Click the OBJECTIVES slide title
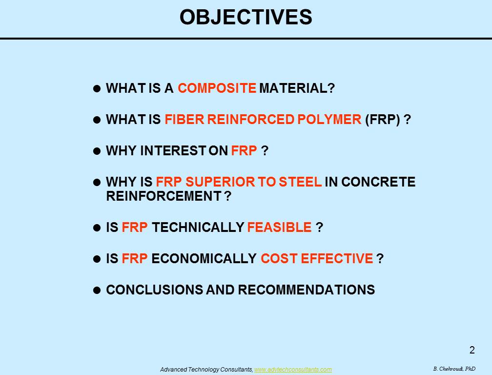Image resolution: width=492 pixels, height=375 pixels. [x=246, y=17]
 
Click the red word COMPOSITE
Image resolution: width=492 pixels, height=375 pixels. [x=217, y=88]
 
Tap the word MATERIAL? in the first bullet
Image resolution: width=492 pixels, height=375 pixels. [x=297, y=88]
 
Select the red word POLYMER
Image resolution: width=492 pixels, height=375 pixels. [x=329, y=119]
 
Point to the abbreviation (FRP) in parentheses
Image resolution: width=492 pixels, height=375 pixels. [x=383, y=120]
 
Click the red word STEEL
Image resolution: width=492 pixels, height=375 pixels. [x=300, y=182]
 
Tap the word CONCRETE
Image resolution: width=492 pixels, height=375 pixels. [x=378, y=182]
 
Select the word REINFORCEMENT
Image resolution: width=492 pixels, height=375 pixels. [x=164, y=196]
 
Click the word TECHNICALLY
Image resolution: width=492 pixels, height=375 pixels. [x=198, y=227]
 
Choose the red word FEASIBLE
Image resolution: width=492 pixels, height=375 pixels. [x=279, y=227]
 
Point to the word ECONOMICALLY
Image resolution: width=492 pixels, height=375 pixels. [x=204, y=259]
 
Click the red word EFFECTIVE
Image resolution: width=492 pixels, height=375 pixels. [x=337, y=259]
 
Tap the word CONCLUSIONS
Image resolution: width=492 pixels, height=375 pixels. [x=154, y=290]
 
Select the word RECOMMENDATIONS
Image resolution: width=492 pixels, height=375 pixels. [x=306, y=290]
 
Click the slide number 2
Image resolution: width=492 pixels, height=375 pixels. [x=472, y=350]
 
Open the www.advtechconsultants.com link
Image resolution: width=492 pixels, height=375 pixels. [x=293, y=370]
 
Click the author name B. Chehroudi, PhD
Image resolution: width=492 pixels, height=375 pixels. [x=454, y=369]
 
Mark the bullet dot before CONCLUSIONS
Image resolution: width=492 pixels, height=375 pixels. [x=97, y=290]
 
